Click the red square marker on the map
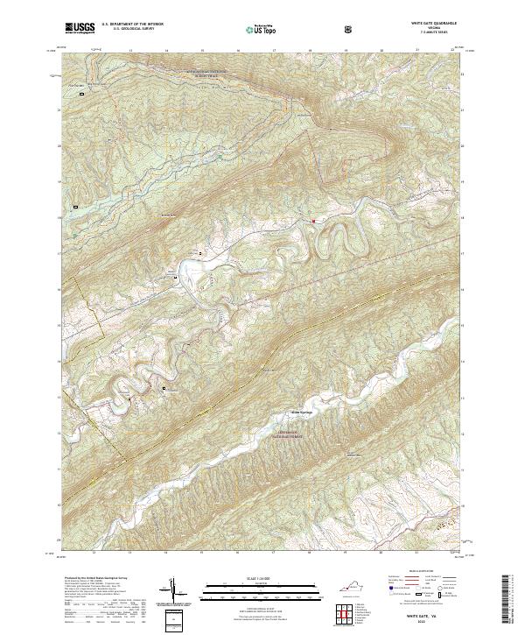(x=313, y=222)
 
